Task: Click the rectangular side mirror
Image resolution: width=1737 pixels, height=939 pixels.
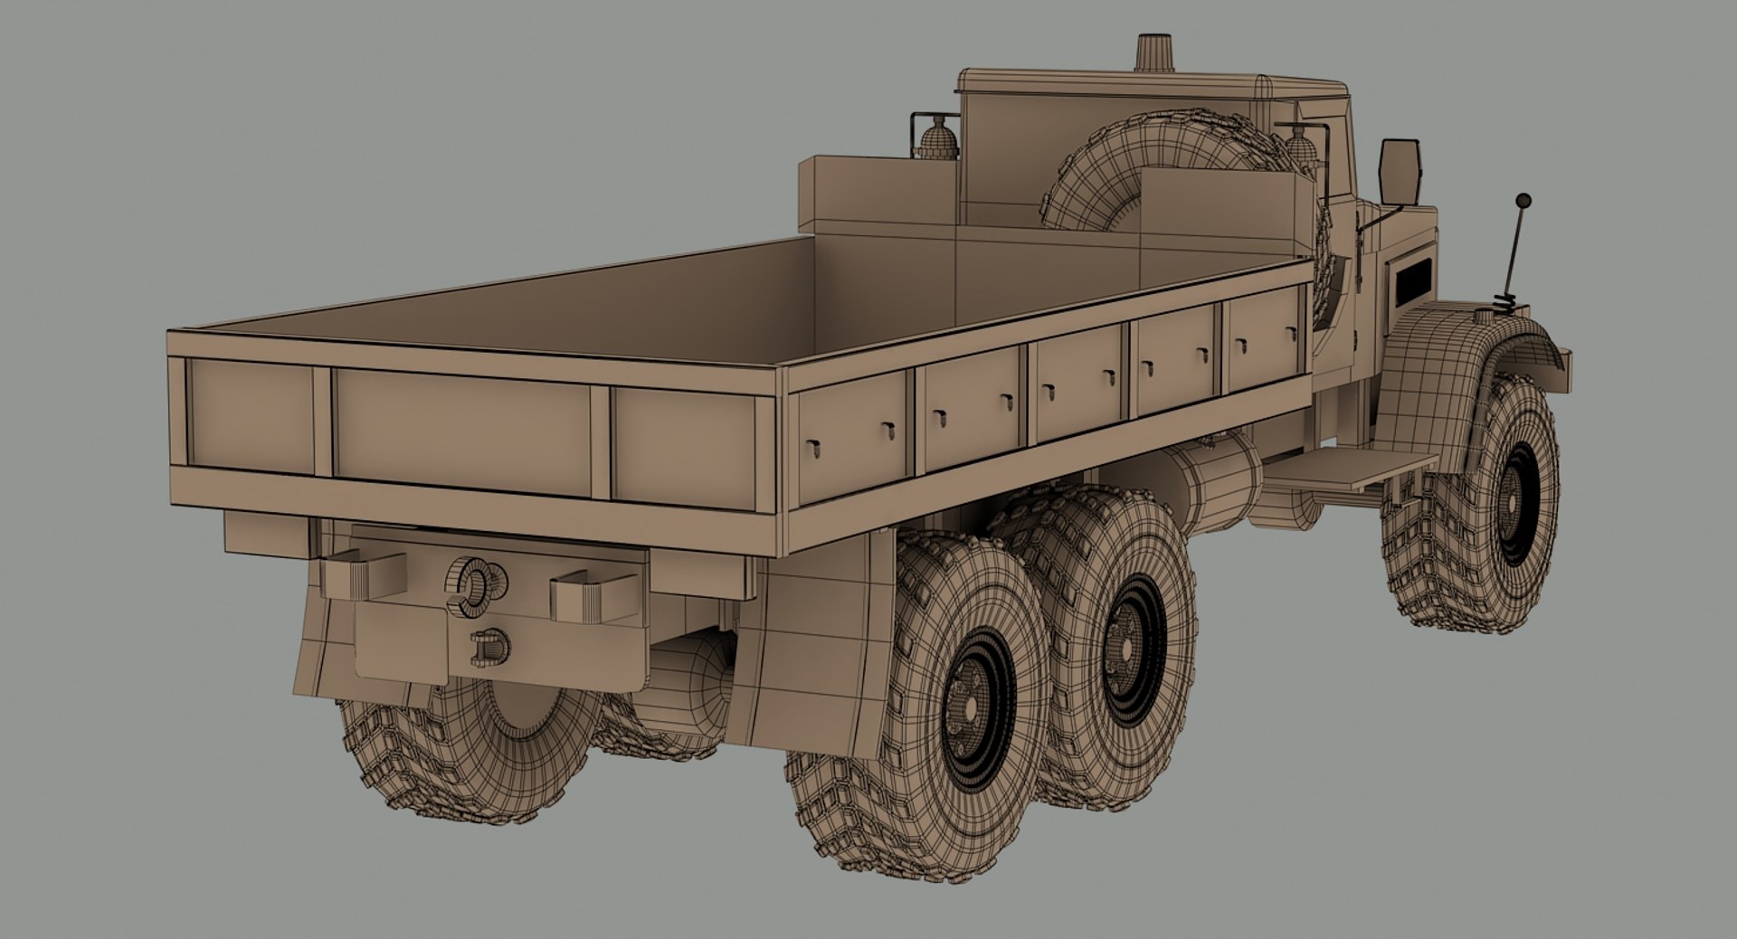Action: [x=1399, y=171]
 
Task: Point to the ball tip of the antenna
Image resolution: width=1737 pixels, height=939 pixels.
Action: [x=1523, y=199]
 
